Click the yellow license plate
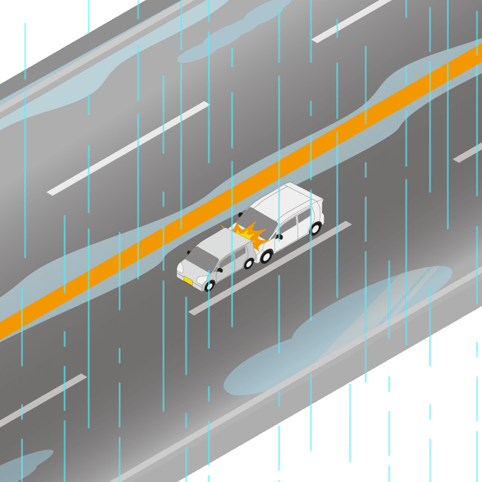[x=187, y=281]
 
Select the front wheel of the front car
[x=210, y=286]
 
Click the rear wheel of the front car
[x=248, y=263]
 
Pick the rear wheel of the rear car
[x=316, y=228]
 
